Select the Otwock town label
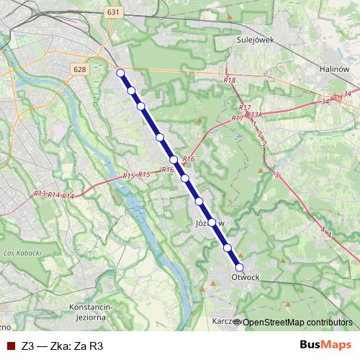(246, 276)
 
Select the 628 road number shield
(80, 69)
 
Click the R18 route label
(230, 81)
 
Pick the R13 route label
(40, 194)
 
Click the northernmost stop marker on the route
(121, 73)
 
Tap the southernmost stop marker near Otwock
(240, 267)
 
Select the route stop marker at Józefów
(212, 222)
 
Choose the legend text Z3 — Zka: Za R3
(63, 346)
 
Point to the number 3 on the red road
(276, 175)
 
